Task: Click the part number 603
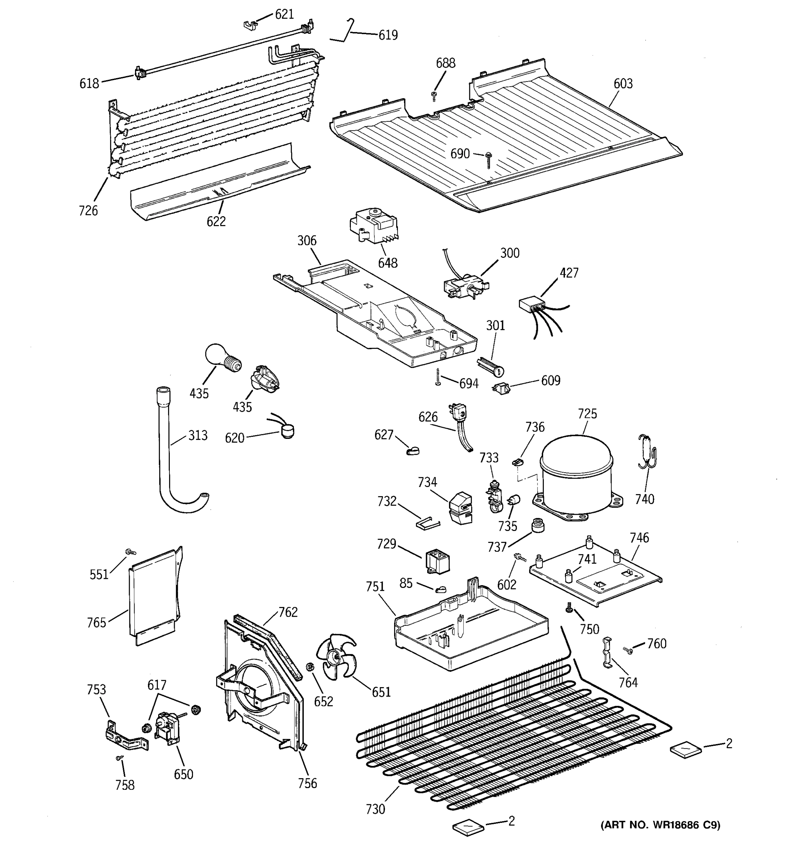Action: pyautogui.click(x=623, y=84)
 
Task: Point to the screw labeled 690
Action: pyautogui.click(x=488, y=159)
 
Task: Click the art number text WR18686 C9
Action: pyautogui.click(x=660, y=825)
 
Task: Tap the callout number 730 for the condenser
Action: pyautogui.click(x=375, y=809)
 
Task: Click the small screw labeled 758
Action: pyautogui.click(x=119, y=758)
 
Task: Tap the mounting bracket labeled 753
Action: pyautogui.click(x=125, y=738)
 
